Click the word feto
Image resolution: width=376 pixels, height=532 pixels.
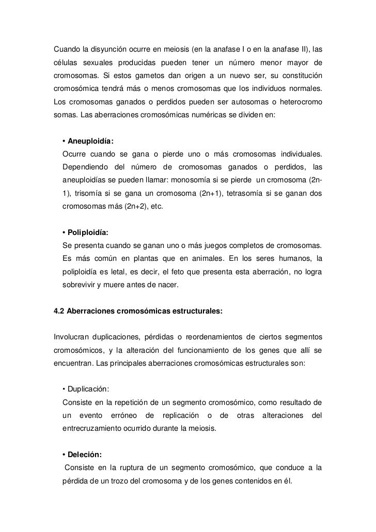click(x=179, y=271)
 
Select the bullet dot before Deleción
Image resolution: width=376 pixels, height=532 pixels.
click(x=63, y=455)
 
